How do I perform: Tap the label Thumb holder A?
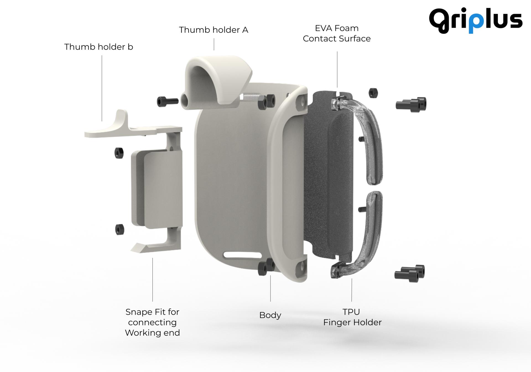click(214, 30)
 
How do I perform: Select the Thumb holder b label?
click(99, 47)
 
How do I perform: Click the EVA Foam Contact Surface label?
click(337, 33)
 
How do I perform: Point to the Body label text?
click(270, 315)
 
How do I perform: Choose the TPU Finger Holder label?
click(352, 317)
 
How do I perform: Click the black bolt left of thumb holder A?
click(167, 101)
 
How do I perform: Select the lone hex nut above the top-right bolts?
click(373, 93)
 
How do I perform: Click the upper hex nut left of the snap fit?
click(119, 153)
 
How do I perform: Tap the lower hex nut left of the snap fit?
click(119, 229)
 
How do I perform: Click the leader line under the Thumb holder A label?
click(214, 44)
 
